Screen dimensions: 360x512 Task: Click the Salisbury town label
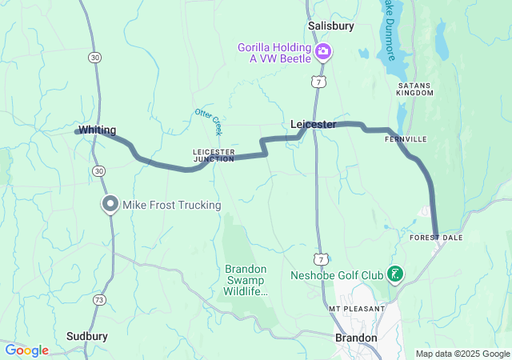coord(331,26)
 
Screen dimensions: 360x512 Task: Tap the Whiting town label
coord(98,130)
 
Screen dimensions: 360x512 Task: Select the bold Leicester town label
coord(313,124)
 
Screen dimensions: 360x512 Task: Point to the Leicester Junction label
coord(214,154)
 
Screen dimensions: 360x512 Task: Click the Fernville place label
coord(406,139)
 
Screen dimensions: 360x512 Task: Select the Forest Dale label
coord(436,238)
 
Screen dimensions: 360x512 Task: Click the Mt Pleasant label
coord(357,308)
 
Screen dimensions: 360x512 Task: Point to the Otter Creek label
coord(209,120)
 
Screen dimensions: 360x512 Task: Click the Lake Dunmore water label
coord(390,28)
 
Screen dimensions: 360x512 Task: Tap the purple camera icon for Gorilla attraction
coord(323,53)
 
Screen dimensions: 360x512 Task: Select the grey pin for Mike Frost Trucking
coord(110,205)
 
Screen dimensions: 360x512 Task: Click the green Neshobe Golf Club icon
coord(394,275)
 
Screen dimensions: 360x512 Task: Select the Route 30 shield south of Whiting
coord(98,171)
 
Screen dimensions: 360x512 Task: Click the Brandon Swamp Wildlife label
coord(245,281)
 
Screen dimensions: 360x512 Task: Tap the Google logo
coord(26,350)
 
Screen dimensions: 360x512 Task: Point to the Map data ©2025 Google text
coord(462,354)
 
